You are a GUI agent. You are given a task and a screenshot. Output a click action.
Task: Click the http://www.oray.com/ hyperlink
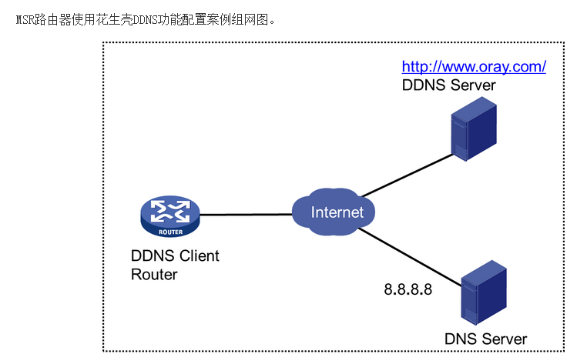point(474,66)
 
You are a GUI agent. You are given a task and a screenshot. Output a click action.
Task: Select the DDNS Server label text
point(448,85)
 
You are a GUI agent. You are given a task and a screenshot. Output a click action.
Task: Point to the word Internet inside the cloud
point(337,212)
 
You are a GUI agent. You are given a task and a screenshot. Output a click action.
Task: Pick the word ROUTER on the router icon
point(169,230)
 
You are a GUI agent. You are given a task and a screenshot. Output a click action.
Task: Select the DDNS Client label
point(175,255)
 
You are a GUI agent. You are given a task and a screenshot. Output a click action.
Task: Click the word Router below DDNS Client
point(154,274)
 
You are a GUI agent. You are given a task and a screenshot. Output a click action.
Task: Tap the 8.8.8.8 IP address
point(408,290)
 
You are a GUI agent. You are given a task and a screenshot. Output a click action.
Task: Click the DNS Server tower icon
point(484,295)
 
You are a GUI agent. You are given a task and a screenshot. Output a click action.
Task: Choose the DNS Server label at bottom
point(485,339)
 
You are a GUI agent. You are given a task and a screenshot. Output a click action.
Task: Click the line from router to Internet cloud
point(245,214)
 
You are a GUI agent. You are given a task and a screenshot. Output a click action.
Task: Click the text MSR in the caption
point(25,18)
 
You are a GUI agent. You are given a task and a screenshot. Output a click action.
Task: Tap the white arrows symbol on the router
point(169,209)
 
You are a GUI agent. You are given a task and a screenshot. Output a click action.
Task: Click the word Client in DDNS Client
point(197,255)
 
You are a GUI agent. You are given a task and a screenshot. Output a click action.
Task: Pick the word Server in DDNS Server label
point(473,85)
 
